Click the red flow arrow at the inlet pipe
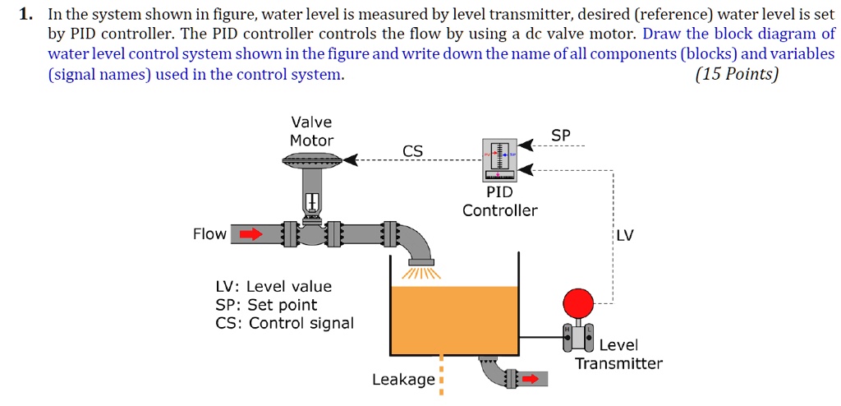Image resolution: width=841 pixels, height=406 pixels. (250, 234)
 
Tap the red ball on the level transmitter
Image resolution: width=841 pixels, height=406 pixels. (578, 302)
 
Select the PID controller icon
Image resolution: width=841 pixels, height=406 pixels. (499, 159)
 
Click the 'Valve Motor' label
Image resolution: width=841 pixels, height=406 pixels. (311, 131)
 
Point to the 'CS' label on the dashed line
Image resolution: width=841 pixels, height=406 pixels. (413, 150)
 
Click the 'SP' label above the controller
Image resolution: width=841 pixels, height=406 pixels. (560, 135)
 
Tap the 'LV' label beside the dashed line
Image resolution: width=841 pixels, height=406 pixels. (625, 236)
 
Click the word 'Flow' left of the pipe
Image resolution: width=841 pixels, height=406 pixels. (209, 234)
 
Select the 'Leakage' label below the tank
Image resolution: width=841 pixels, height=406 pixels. (403, 380)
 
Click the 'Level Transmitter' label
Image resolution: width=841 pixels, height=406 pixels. (618, 354)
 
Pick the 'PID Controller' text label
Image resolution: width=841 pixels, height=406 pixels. (499, 201)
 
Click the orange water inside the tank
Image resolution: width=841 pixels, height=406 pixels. (453, 321)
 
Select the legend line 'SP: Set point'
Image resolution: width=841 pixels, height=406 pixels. (266, 305)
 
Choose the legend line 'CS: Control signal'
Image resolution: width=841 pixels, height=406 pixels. (284, 323)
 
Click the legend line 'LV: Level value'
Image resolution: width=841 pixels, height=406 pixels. (273, 287)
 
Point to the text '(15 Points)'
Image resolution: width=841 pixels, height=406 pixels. (736, 75)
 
